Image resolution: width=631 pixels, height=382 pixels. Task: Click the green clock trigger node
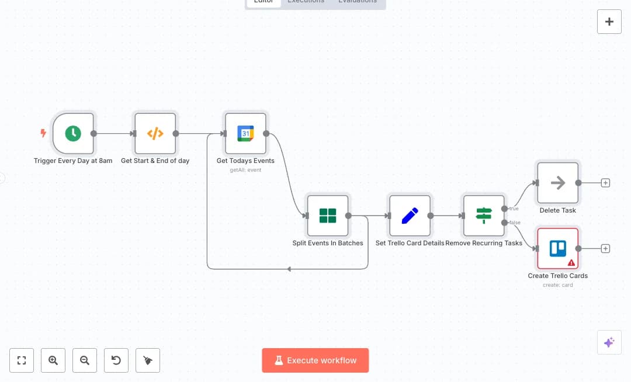coord(73,133)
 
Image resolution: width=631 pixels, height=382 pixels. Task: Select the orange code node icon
coord(155,133)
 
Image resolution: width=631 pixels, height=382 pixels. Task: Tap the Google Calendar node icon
coord(245,133)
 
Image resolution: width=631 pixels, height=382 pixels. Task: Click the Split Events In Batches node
coord(328,216)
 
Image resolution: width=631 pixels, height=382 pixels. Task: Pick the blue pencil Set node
coord(410,216)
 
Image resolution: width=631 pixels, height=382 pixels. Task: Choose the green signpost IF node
coord(484,216)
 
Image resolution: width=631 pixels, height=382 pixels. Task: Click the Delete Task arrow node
coord(558,183)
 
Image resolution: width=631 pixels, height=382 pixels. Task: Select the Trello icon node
coord(558,248)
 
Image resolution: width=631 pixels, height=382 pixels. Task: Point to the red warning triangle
coord(571,263)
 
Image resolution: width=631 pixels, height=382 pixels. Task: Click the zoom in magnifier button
coord(53,360)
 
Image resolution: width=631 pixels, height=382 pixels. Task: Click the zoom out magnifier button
coord(85,360)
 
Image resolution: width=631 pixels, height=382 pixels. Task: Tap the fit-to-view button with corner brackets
coord(22,360)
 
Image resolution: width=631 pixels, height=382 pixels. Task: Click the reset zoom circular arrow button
coord(116,360)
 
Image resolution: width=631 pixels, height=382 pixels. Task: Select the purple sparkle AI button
coord(609,342)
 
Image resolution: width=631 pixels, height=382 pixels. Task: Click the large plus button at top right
coord(609,22)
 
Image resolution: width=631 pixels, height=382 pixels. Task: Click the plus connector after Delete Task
coord(606,183)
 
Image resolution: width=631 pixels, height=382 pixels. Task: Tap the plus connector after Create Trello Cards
coord(606,248)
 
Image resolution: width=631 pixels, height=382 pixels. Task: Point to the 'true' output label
coord(514,209)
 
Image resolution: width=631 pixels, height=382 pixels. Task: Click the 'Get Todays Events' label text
coord(245,161)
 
